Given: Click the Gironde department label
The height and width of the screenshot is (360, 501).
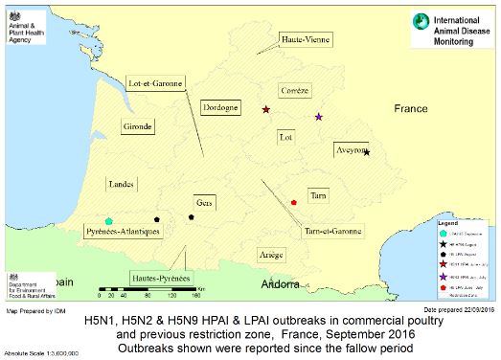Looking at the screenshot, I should (x=137, y=126).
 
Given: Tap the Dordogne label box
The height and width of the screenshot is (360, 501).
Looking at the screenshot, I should (x=221, y=109).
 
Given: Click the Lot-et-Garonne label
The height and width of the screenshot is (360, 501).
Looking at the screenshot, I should (x=155, y=84).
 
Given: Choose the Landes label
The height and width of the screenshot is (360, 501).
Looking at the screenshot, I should (x=122, y=183).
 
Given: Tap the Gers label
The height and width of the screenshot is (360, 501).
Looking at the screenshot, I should (x=203, y=203).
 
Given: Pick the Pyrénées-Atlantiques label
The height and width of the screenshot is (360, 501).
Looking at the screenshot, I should (x=123, y=233).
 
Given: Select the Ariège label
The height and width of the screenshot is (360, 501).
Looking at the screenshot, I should (x=272, y=255).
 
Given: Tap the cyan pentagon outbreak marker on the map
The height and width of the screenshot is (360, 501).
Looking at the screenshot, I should (x=109, y=221).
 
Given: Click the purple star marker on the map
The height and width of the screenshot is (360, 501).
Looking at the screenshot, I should (x=319, y=117).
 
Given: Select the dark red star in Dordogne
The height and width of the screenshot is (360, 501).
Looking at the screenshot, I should (x=266, y=110).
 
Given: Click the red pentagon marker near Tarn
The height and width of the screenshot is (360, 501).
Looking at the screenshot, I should (x=293, y=202).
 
